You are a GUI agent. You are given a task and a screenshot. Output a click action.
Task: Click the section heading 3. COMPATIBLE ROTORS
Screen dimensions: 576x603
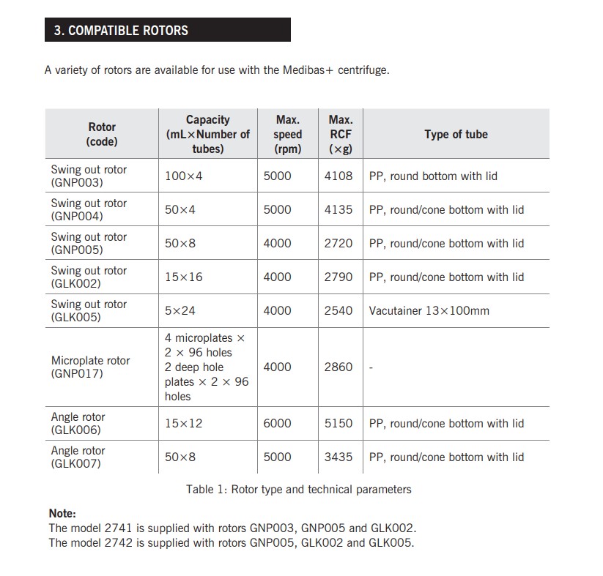(x=122, y=30)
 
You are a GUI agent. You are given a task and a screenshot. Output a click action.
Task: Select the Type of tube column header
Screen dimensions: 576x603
(x=456, y=134)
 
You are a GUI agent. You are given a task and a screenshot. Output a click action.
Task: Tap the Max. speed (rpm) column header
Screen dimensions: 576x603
(x=288, y=134)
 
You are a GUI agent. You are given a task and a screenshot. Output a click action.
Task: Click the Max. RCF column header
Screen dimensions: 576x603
(x=341, y=134)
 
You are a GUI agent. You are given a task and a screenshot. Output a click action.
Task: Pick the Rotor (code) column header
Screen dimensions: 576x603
(x=102, y=134)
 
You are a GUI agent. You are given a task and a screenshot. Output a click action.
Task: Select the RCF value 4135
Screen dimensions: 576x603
(x=339, y=209)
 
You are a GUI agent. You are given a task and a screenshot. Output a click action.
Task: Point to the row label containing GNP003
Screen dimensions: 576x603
(x=89, y=176)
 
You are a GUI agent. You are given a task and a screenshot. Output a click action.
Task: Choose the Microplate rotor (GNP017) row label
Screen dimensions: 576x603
(x=90, y=367)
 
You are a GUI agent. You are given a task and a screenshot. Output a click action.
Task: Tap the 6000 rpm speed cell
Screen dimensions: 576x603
(x=277, y=423)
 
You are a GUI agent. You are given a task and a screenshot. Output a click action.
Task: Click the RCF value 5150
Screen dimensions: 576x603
(x=339, y=423)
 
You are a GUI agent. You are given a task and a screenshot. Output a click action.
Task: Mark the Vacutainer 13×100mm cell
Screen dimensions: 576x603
(x=429, y=310)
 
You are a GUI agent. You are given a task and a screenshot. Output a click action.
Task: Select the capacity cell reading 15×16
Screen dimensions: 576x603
(x=184, y=277)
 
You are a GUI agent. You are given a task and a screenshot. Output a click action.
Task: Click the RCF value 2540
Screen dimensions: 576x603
(x=339, y=310)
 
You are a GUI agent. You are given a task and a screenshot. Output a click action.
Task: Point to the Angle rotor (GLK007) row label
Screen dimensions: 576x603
(x=78, y=457)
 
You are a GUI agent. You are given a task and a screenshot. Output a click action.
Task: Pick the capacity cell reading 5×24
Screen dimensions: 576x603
(x=180, y=310)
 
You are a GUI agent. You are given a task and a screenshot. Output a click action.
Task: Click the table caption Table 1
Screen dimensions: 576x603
(x=299, y=489)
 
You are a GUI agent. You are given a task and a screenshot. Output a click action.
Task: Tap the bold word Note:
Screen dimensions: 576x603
(x=62, y=513)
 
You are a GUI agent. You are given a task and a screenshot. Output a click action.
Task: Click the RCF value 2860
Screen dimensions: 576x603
(x=339, y=367)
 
